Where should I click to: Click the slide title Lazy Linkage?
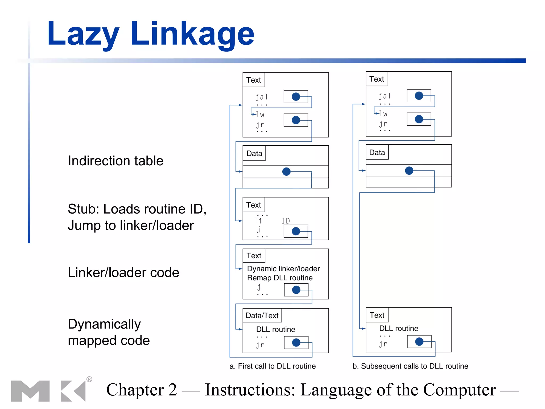(x=151, y=34)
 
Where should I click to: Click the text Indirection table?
(x=115, y=161)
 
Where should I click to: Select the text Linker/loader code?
(x=123, y=272)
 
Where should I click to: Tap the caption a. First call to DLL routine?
(x=272, y=366)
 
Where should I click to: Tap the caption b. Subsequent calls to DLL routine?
(x=410, y=366)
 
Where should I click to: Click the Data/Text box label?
(x=262, y=316)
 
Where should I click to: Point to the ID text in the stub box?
(x=286, y=221)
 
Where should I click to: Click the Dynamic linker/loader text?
(x=283, y=269)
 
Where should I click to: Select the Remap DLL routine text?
(x=280, y=278)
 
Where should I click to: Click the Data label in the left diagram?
(x=254, y=153)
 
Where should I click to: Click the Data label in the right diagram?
(x=377, y=153)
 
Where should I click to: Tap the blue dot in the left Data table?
(x=286, y=171)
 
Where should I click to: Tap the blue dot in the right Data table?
(x=409, y=170)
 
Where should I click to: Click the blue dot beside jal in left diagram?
(x=296, y=96)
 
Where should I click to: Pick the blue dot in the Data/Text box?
(x=296, y=342)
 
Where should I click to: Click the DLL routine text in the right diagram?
(x=398, y=328)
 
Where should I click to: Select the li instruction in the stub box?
(x=258, y=221)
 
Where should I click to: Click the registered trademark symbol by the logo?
(x=89, y=379)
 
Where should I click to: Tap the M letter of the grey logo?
(x=30, y=391)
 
